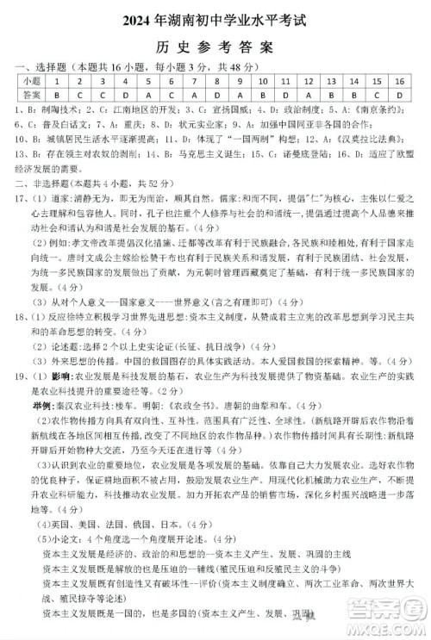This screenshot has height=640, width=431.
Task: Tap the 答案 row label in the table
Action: [x=34, y=93]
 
